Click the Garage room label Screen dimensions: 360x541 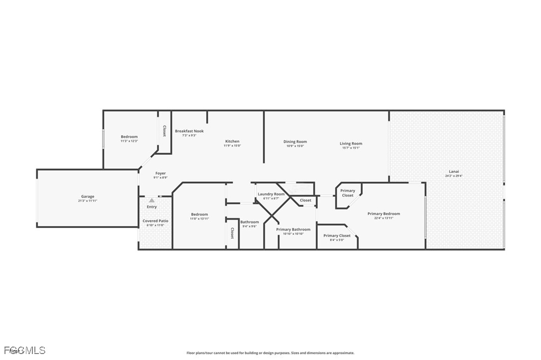point(88,196)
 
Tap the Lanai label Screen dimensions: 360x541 point(454,171)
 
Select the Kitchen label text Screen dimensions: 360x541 point(232,141)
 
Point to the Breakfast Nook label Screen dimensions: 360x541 point(189,131)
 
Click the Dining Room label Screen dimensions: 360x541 point(295,141)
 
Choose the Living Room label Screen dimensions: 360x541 point(351,143)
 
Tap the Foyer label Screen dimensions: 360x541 point(160,173)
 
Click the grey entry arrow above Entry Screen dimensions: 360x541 point(151,200)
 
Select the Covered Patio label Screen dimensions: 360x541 point(155,221)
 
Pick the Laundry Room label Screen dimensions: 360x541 point(271,194)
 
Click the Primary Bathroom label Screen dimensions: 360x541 point(293,230)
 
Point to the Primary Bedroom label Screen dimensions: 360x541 point(384,214)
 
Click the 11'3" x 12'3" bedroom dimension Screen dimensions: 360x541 point(129,141)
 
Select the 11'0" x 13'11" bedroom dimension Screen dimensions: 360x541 point(199,219)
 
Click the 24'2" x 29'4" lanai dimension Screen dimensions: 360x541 point(454,176)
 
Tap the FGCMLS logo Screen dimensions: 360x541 point(23,351)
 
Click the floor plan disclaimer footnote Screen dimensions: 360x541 point(270,353)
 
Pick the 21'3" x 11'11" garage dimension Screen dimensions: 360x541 point(88,201)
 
